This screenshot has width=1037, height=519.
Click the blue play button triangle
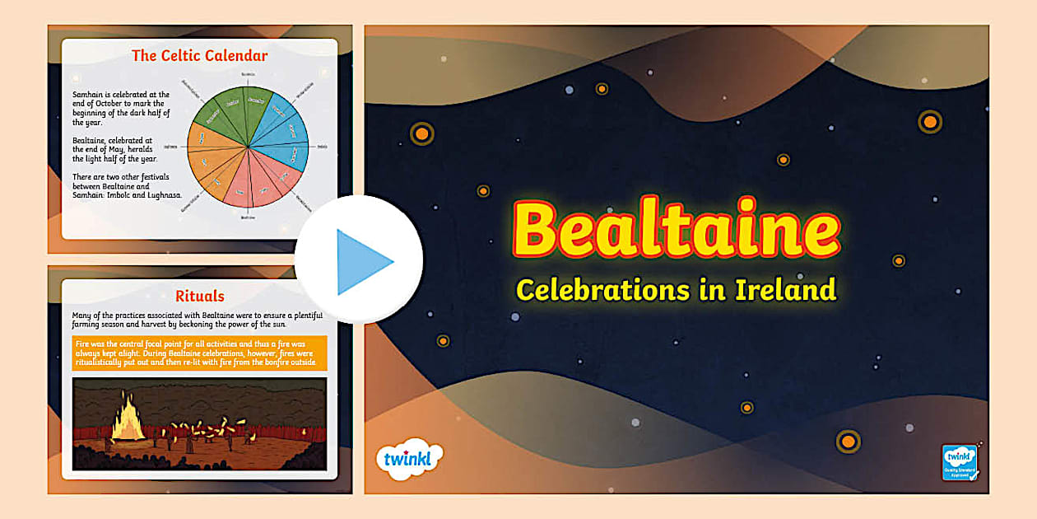tap(363, 262)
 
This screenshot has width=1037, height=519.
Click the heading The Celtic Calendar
tap(200, 56)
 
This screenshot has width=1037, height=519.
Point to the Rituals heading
tap(200, 296)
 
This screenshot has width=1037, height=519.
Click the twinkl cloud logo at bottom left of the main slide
tap(408, 457)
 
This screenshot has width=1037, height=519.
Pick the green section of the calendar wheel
tap(235, 110)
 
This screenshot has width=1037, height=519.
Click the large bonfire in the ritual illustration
tap(128, 421)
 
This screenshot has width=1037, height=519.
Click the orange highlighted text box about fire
tap(200, 353)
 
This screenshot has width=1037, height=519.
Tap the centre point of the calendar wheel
tap(248, 147)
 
